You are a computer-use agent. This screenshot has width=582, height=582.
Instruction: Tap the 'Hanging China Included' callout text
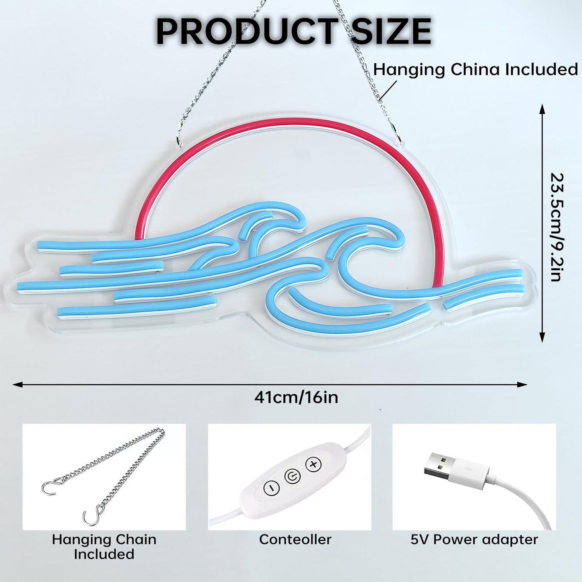475,70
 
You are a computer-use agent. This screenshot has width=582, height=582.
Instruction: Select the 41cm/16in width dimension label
296,398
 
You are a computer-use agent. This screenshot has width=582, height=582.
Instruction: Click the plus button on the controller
314,464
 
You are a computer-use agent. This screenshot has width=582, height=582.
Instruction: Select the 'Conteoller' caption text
295,539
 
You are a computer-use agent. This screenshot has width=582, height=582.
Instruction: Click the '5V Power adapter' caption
474,539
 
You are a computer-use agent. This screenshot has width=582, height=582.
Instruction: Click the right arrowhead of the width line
522,385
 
